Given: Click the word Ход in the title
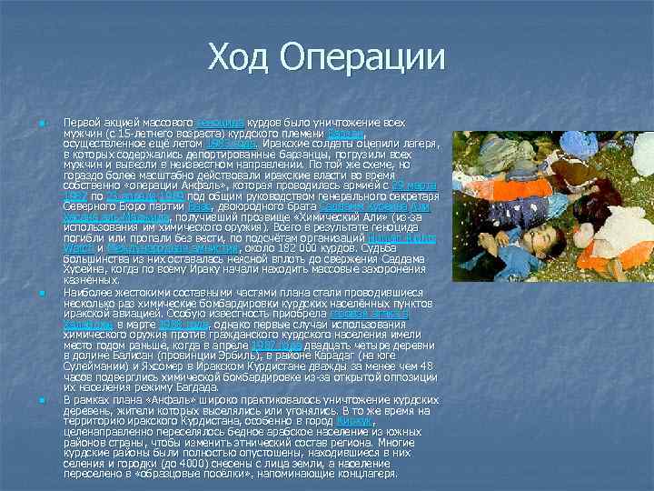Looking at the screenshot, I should pyautogui.click(x=242, y=57).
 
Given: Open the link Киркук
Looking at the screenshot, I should pyautogui.click(x=353, y=420).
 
